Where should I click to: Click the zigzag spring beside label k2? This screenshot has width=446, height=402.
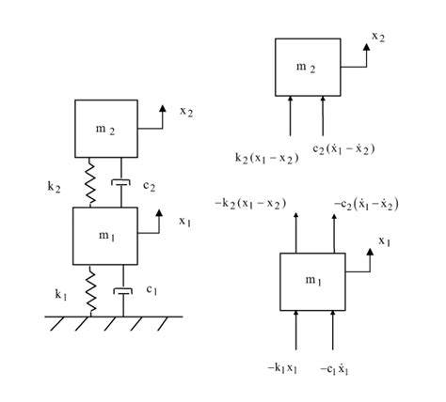click(90, 182)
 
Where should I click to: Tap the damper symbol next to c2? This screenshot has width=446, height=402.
click(121, 182)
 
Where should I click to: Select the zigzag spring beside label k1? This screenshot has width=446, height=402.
click(91, 290)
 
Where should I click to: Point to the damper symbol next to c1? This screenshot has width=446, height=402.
click(123, 291)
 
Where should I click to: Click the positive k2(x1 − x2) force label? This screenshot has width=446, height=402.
click(267, 158)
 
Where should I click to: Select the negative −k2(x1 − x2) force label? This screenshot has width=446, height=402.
click(250, 204)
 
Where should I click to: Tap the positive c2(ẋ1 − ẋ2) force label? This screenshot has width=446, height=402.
click(343, 148)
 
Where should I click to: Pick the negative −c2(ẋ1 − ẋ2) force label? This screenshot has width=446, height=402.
click(366, 205)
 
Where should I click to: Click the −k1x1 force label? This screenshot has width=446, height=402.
click(282, 368)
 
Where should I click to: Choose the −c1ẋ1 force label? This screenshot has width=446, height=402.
click(334, 369)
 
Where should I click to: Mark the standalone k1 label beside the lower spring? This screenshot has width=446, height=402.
click(61, 295)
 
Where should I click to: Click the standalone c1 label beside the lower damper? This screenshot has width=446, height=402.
click(151, 289)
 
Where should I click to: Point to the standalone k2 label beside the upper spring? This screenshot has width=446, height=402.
click(54, 187)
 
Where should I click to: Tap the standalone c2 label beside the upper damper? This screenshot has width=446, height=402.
click(149, 186)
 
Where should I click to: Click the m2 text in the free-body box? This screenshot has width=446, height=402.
click(306, 68)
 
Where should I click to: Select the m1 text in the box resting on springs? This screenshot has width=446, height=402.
click(106, 236)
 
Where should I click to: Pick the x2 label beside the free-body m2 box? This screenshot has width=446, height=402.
click(378, 37)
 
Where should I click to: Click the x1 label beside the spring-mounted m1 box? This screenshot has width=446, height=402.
click(185, 222)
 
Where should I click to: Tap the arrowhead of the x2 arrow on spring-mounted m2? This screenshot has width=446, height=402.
click(163, 108)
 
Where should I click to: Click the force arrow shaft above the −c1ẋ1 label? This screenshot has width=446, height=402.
click(333, 330)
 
